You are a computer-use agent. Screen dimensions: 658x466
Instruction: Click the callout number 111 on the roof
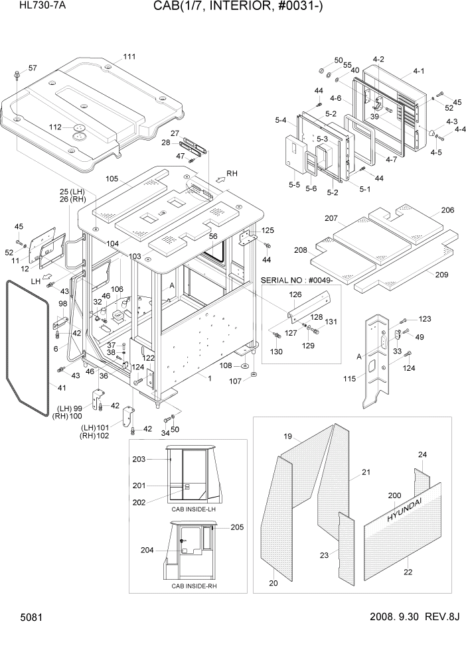pyautogui.click(x=129, y=56)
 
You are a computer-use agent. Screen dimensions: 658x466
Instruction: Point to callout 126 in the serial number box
pyautogui.click(x=295, y=294)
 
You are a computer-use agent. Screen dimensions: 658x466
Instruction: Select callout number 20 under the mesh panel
pyautogui.click(x=273, y=583)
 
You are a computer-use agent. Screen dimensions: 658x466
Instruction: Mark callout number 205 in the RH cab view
pyautogui.click(x=237, y=527)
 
